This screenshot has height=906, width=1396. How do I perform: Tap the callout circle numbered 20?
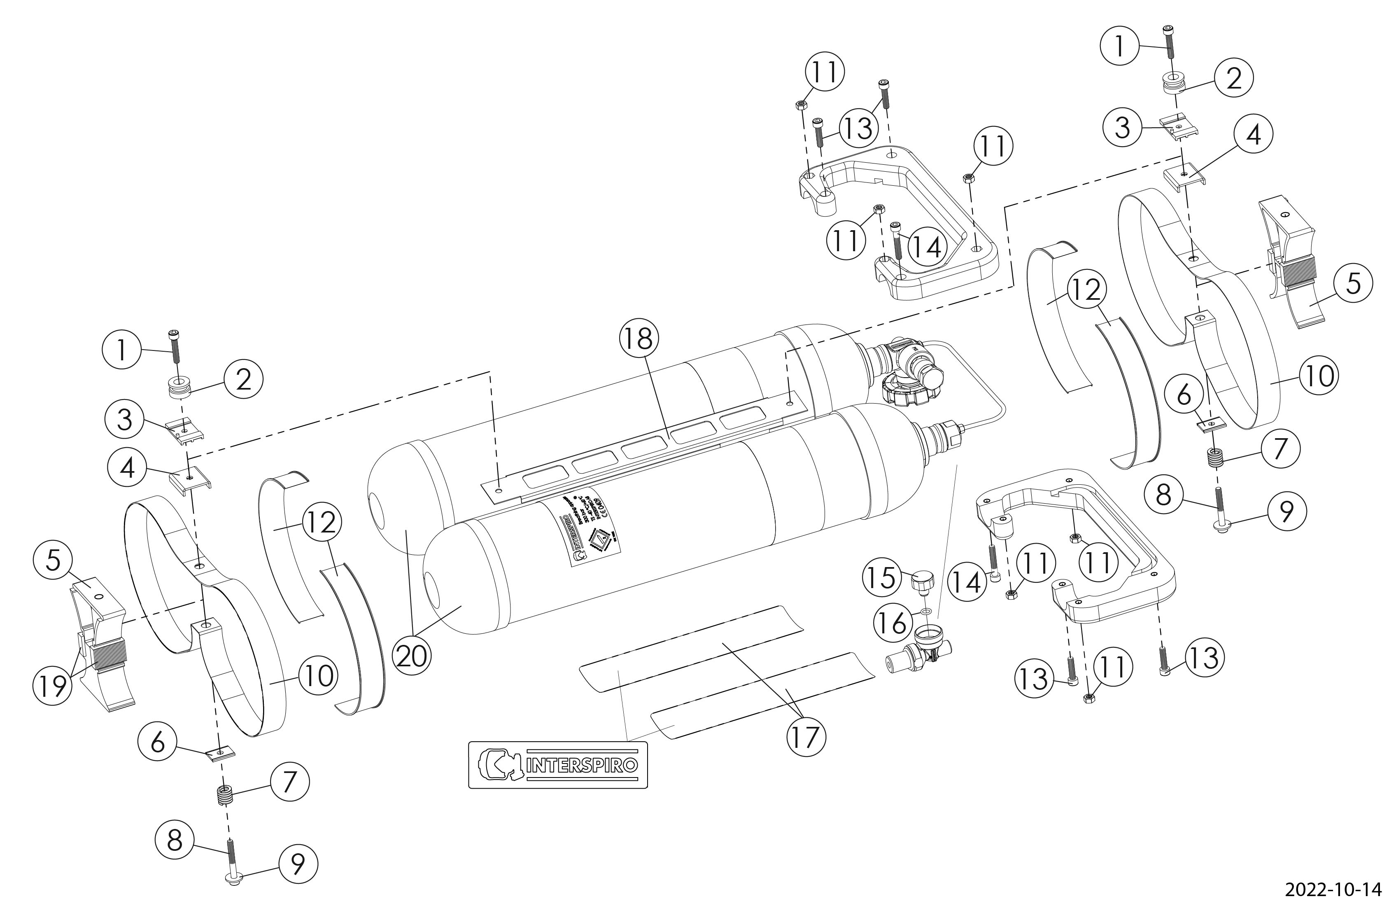point(412,656)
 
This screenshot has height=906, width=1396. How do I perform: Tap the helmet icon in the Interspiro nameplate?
point(499,765)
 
